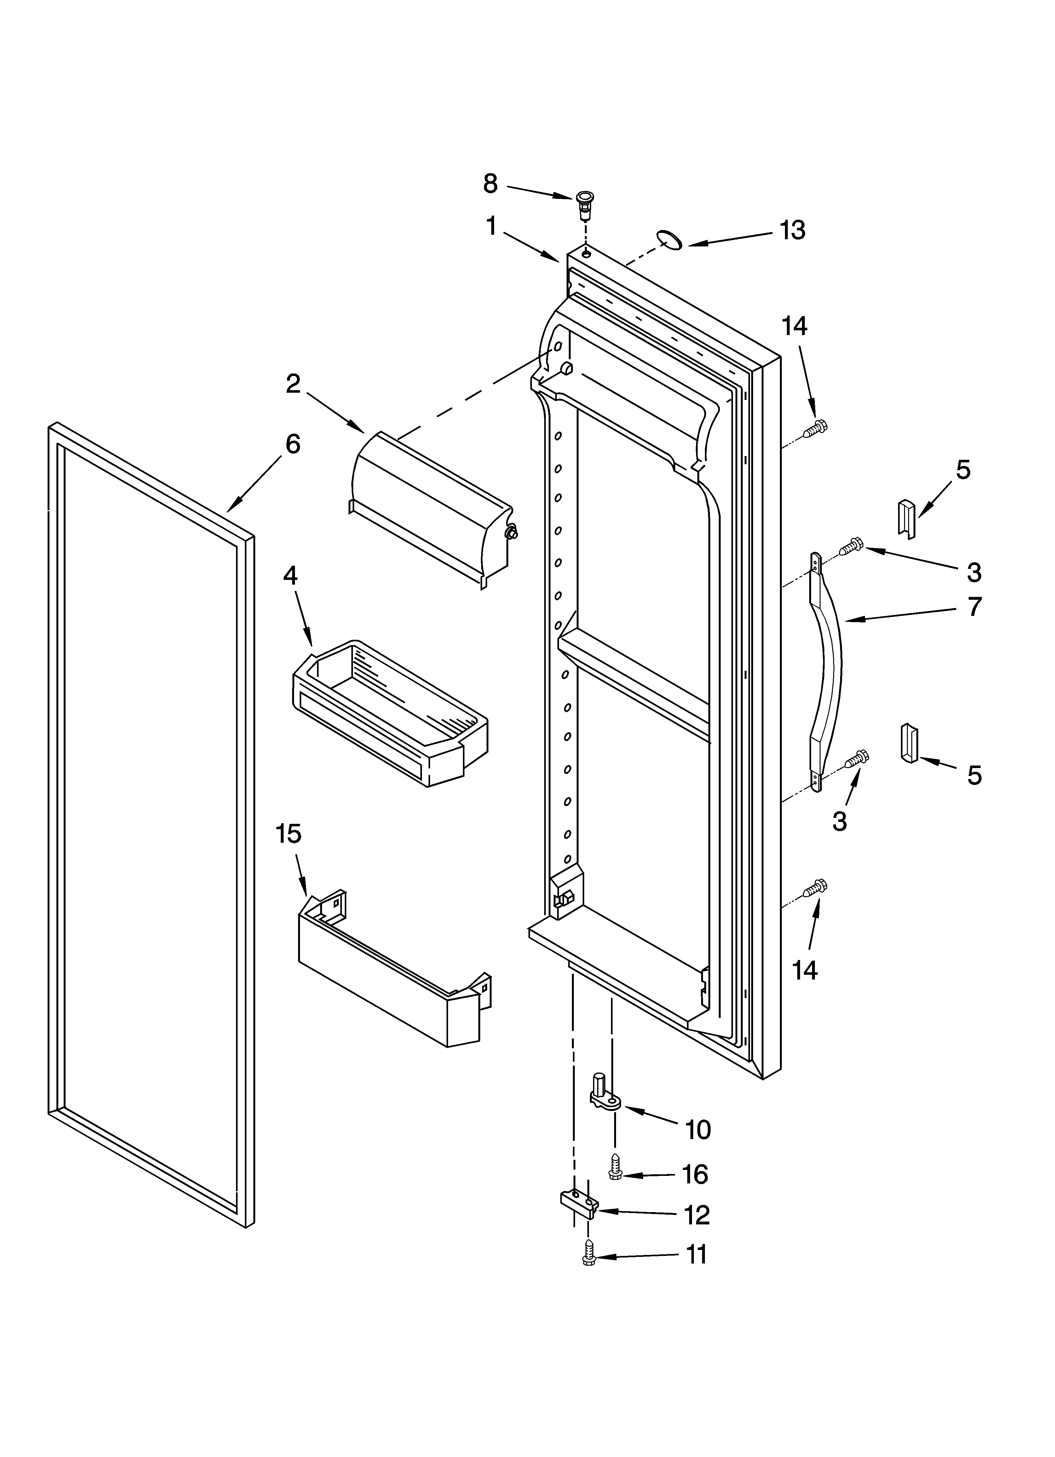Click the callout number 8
tap(490, 184)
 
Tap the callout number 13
tap(793, 230)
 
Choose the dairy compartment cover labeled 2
tap(430, 507)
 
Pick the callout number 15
tap(289, 834)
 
